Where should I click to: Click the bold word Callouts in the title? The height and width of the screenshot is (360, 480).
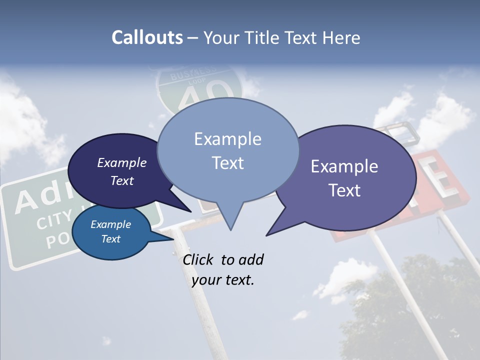click(147, 38)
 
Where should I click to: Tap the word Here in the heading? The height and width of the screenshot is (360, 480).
click(340, 38)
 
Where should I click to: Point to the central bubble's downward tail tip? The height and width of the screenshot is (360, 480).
click(230, 229)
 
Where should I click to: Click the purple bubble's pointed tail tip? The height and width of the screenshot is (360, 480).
click(266, 235)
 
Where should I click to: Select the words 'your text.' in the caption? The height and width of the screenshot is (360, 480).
click(223, 280)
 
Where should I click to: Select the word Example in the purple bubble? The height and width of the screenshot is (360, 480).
click(344, 166)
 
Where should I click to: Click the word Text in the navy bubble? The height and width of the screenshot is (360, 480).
click(122, 180)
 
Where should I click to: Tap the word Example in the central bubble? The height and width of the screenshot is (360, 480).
click(227, 138)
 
